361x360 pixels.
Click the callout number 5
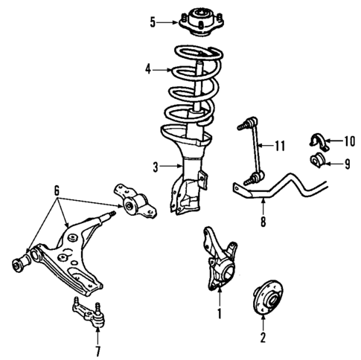[x=153, y=22]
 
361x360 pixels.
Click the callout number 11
[x=280, y=146]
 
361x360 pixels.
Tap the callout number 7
[x=97, y=350]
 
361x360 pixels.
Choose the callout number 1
[x=219, y=314]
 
